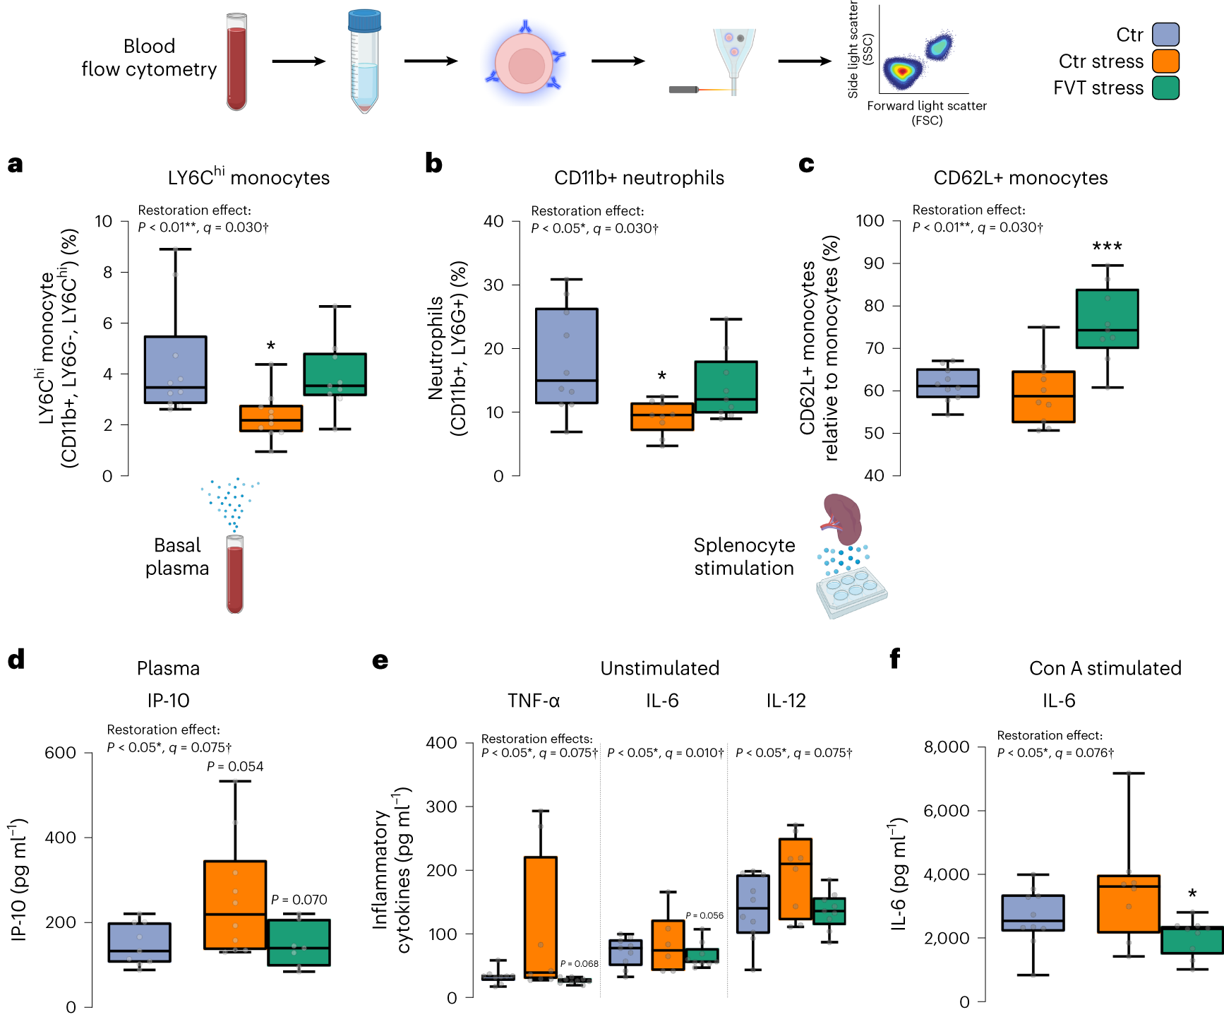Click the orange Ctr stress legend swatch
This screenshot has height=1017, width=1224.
click(x=1165, y=61)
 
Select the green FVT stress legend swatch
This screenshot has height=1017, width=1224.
click(x=1165, y=88)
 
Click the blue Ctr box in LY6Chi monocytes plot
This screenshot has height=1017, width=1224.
click(x=175, y=369)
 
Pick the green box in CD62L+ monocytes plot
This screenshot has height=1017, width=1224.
click(x=1107, y=319)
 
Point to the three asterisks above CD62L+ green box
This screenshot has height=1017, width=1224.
click(x=1107, y=247)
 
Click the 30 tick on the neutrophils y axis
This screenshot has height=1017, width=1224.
click(x=493, y=285)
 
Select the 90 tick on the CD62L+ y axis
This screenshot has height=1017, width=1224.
click(x=874, y=263)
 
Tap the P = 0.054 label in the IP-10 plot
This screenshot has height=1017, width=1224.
click(x=235, y=766)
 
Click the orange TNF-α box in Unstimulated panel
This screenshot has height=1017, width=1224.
click(x=540, y=917)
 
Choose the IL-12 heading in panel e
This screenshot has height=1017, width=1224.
click(x=786, y=701)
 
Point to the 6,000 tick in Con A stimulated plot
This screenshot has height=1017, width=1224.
click(x=947, y=811)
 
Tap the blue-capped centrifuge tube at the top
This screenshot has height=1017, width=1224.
click(x=364, y=61)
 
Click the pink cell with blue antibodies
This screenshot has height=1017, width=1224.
click(x=526, y=64)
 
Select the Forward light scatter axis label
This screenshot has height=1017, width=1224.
click(x=926, y=106)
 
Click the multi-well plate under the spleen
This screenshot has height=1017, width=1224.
click(x=851, y=592)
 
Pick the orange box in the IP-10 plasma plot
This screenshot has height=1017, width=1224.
click(x=235, y=905)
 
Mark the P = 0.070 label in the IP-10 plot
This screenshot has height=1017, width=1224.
click(x=299, y=900)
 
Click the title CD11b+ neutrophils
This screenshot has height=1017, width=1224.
click(x=639, y=178)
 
